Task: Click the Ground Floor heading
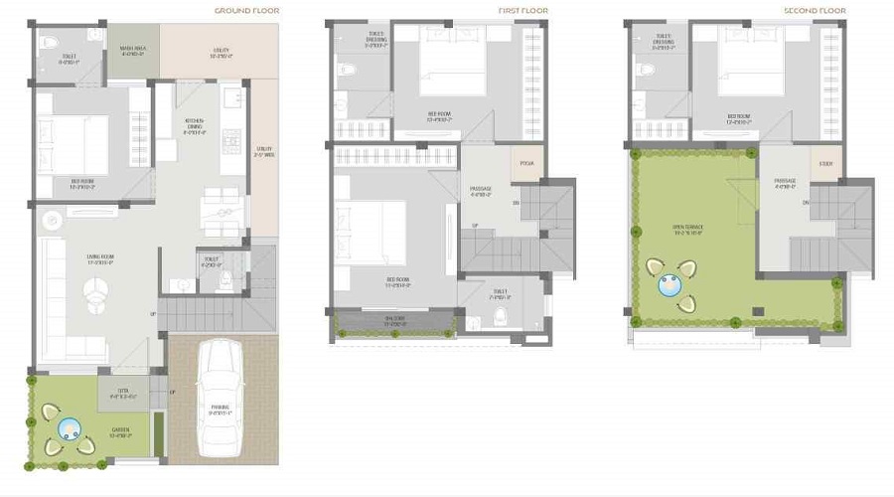[247, 11]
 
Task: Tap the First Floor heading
[522, 11]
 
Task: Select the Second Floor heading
[815, 11]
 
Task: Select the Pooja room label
[526, 165]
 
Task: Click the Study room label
[824, 165]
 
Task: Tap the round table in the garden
[69, 428]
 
